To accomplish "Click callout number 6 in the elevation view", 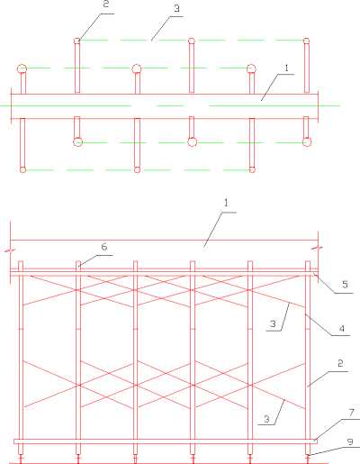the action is coord(104,247).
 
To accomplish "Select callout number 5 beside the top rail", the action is coord(345,285).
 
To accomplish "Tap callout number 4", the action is coord(342,329).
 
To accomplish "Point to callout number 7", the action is coord(352,413).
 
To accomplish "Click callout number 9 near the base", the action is coord(350,441).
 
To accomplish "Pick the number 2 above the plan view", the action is coord(106,5).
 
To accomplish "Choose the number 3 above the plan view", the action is coord(177,8).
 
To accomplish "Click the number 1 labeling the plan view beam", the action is coord(286,68).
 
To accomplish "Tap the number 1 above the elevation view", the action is coord(226,204).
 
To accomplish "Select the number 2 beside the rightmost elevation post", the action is coord(340,363).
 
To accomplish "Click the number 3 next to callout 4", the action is coord(273,323).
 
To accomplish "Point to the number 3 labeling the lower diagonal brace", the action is coord(266,419).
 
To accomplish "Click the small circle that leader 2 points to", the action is coord(77,41).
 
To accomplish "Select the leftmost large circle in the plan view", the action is coord(22,69).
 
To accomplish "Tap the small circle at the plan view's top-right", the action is coord(306,41).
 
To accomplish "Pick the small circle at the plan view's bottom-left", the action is coord(22,169).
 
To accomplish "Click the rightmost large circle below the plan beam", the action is coord(307,141).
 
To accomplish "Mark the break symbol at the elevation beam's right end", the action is coord(318,249).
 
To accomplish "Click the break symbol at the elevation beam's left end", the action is coord(11,250).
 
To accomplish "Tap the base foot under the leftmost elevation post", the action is coord(21,459).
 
